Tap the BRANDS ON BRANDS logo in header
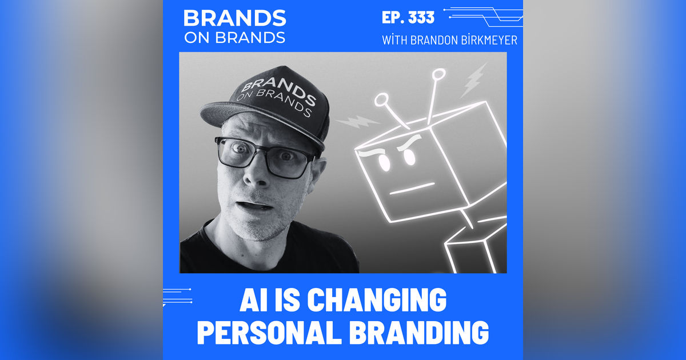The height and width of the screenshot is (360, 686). click(x=234, y=26)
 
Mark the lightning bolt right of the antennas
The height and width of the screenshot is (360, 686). click(x=473, y=81)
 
